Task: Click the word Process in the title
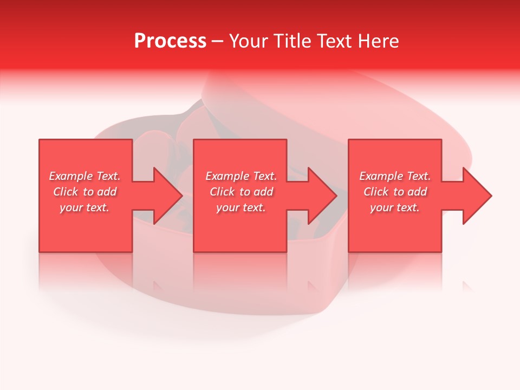(170, 41)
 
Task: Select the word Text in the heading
(334, 41)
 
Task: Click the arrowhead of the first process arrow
(168, 196)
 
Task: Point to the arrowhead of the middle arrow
(322, 196)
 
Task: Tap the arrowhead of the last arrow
(477, 196)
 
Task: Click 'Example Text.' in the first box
(84, 176)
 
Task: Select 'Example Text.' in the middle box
(241, 176)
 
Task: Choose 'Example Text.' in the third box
(395, 176)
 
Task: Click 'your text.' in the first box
(84, 207)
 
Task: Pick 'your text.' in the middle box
(241, 207)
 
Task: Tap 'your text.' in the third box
(395, 207)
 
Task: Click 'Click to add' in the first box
(84, 192)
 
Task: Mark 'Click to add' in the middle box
(241, 192)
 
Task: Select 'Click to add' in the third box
(395, 192)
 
